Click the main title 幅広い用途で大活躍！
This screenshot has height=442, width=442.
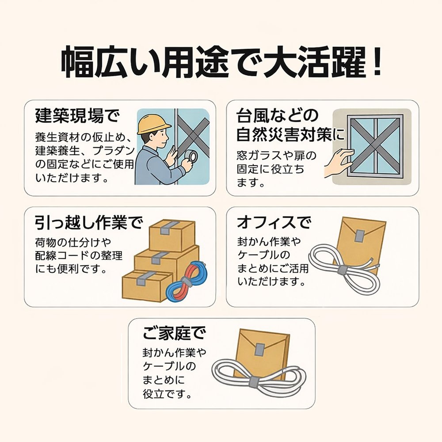221,63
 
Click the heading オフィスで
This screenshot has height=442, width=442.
274,222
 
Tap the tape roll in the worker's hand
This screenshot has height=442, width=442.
191,156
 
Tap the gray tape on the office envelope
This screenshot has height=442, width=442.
359,236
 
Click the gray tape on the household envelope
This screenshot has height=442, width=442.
260,349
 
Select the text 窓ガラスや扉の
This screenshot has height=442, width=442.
277,156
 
